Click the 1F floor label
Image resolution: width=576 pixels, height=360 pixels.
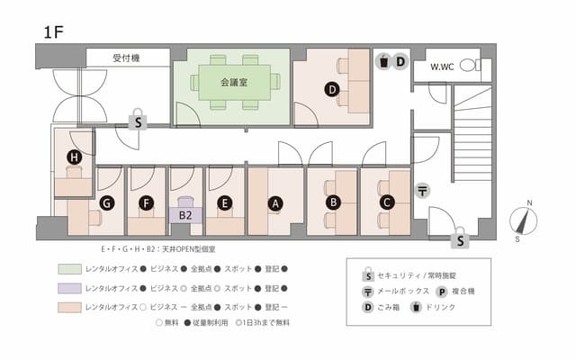52,32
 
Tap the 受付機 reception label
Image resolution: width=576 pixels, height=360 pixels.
128,58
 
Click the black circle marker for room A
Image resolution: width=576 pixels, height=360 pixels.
276,203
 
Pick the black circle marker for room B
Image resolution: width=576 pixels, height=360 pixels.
332,202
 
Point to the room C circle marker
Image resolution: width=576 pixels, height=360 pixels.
387,202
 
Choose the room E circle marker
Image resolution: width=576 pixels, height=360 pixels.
225,203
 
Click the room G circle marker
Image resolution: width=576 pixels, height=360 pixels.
106,203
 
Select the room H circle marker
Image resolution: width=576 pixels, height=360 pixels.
74,158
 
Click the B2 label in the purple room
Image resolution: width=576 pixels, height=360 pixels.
184,216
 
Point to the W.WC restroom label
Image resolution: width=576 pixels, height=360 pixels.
442,67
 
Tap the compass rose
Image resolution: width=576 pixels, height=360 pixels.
522,221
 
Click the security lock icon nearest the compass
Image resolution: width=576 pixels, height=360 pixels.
460,238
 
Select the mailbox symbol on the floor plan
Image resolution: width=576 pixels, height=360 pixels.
422,191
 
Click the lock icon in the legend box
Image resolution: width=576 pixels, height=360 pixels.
366,274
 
